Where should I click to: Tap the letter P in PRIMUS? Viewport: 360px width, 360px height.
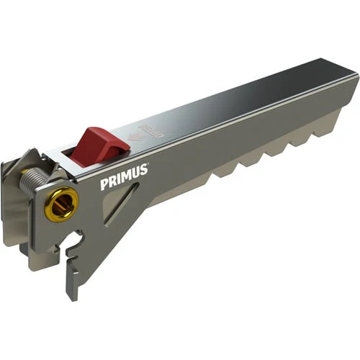click(x=104, y=184)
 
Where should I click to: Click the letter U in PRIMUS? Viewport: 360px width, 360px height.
click(x=135, y=174)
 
